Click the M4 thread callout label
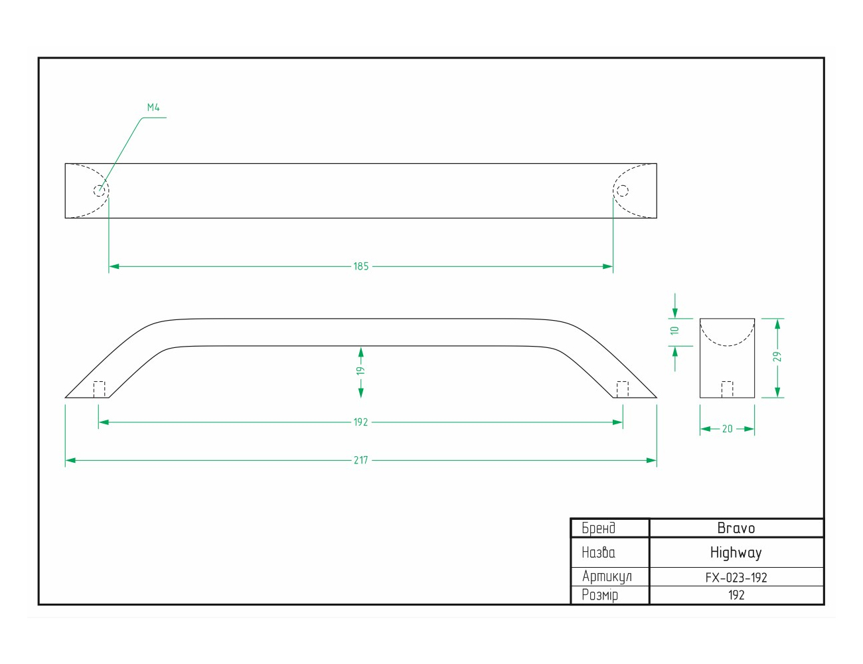click(153, 107)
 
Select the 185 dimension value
click(361, 266)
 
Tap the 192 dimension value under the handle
click(360, 422)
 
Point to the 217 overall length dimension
click(360, 460)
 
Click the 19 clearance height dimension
click(360, 371)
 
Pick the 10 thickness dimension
click(674, 330)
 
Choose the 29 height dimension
click(777, 357)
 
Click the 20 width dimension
click(727, 429)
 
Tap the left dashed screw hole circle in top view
click(100, 191)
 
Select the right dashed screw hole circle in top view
click(622, 191)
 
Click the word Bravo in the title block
click(736, 528)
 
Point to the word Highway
click(736, 553)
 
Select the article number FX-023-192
click(736, 578)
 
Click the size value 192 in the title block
click(736, 595)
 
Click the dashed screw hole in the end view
click(727, 390)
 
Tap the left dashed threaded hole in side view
click(100, 390)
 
